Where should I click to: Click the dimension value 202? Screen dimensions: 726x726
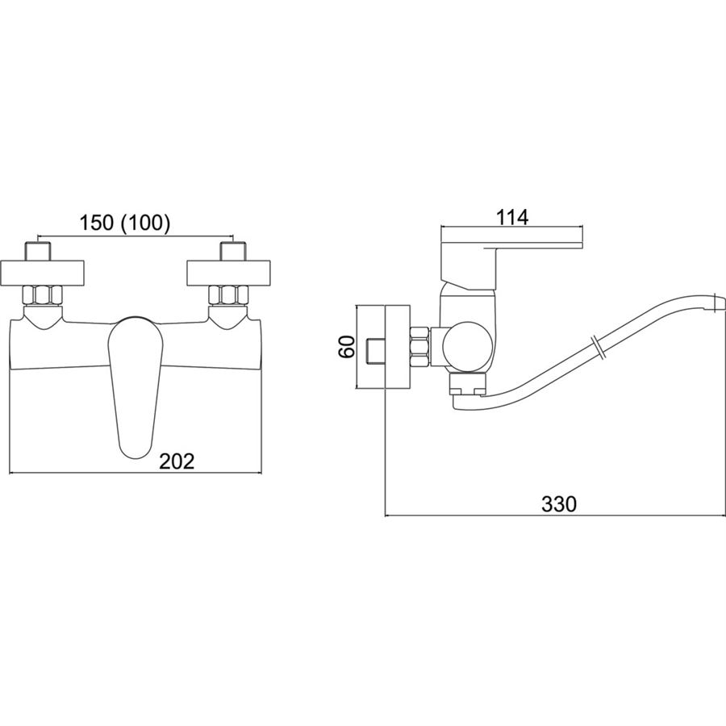(x=177, y=461)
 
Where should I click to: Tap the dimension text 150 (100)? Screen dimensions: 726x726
(x=125, y=223)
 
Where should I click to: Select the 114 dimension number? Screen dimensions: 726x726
(x=512, y=217)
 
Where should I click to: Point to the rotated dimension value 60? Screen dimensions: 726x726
(x=346, y=346)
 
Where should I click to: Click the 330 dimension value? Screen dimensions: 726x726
(x=559, y=503)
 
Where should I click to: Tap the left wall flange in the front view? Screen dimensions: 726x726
(x=42, y=273)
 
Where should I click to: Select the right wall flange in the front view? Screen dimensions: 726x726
(x=229, y=273)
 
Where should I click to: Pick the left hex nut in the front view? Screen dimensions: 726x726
(x=44, y=295)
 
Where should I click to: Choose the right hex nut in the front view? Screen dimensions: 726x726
(x=229, y=295)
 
